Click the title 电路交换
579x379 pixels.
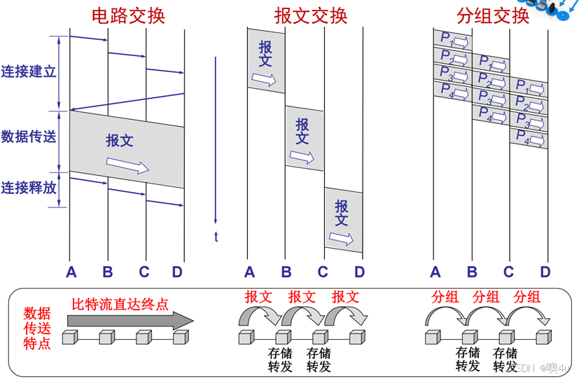click(x=129, y=15)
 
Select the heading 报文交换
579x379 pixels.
click(x=311, y=15)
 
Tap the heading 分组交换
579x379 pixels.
click(x=493, y=15)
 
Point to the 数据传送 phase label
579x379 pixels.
click(x=28, y=137)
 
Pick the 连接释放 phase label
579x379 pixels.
click(x=28, y=188)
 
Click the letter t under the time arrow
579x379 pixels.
click(x=216, y=237)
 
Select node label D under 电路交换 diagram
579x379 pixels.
click(x=177, y=272)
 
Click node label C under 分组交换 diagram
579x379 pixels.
click(x=508, y=272)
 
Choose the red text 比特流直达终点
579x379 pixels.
click(x=121, y=305)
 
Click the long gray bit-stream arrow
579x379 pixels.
click(x=130, y=320)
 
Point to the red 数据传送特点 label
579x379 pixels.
click(x=37, y=328)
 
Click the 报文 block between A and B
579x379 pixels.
click(x=266, y=61)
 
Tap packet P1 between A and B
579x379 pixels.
click(x=452, y=39)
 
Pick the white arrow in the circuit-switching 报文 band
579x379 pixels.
click(x=128, y=165)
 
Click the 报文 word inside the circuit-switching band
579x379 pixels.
click(x=119, y=140)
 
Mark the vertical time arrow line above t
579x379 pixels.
click(x=216, y=140)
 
